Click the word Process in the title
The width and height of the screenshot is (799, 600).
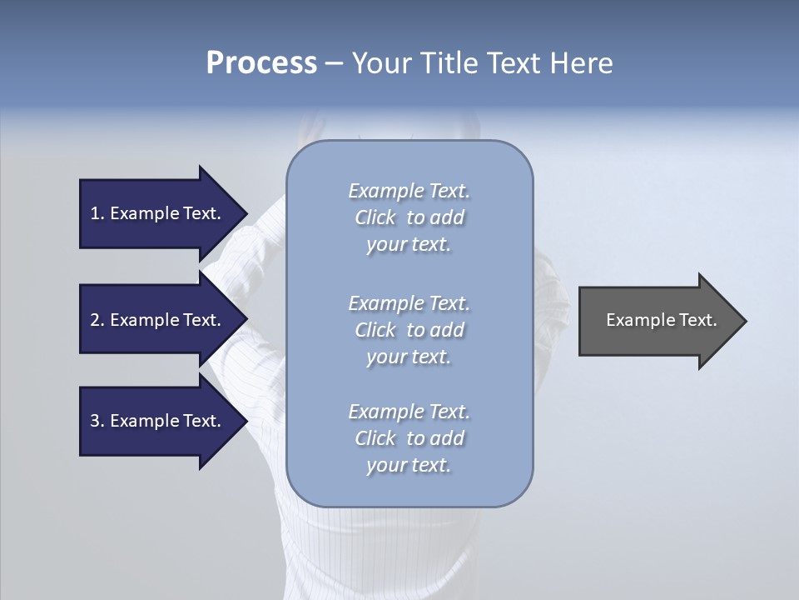[x=261, y=63]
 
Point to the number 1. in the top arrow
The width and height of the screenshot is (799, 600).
[x=97, y=213]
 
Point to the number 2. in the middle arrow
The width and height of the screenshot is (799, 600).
[x=97, y=320]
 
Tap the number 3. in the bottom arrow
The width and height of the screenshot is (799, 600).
[x=97, y=421]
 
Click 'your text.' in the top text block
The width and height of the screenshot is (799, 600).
[x=409, y=245]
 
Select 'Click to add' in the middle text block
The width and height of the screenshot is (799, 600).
[x=409, y=330]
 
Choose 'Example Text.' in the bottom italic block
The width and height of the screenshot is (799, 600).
[x=409, y=412]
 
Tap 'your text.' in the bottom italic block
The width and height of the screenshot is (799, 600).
[x=409, y=466]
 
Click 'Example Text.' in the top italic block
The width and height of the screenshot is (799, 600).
[x=409, y=191]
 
